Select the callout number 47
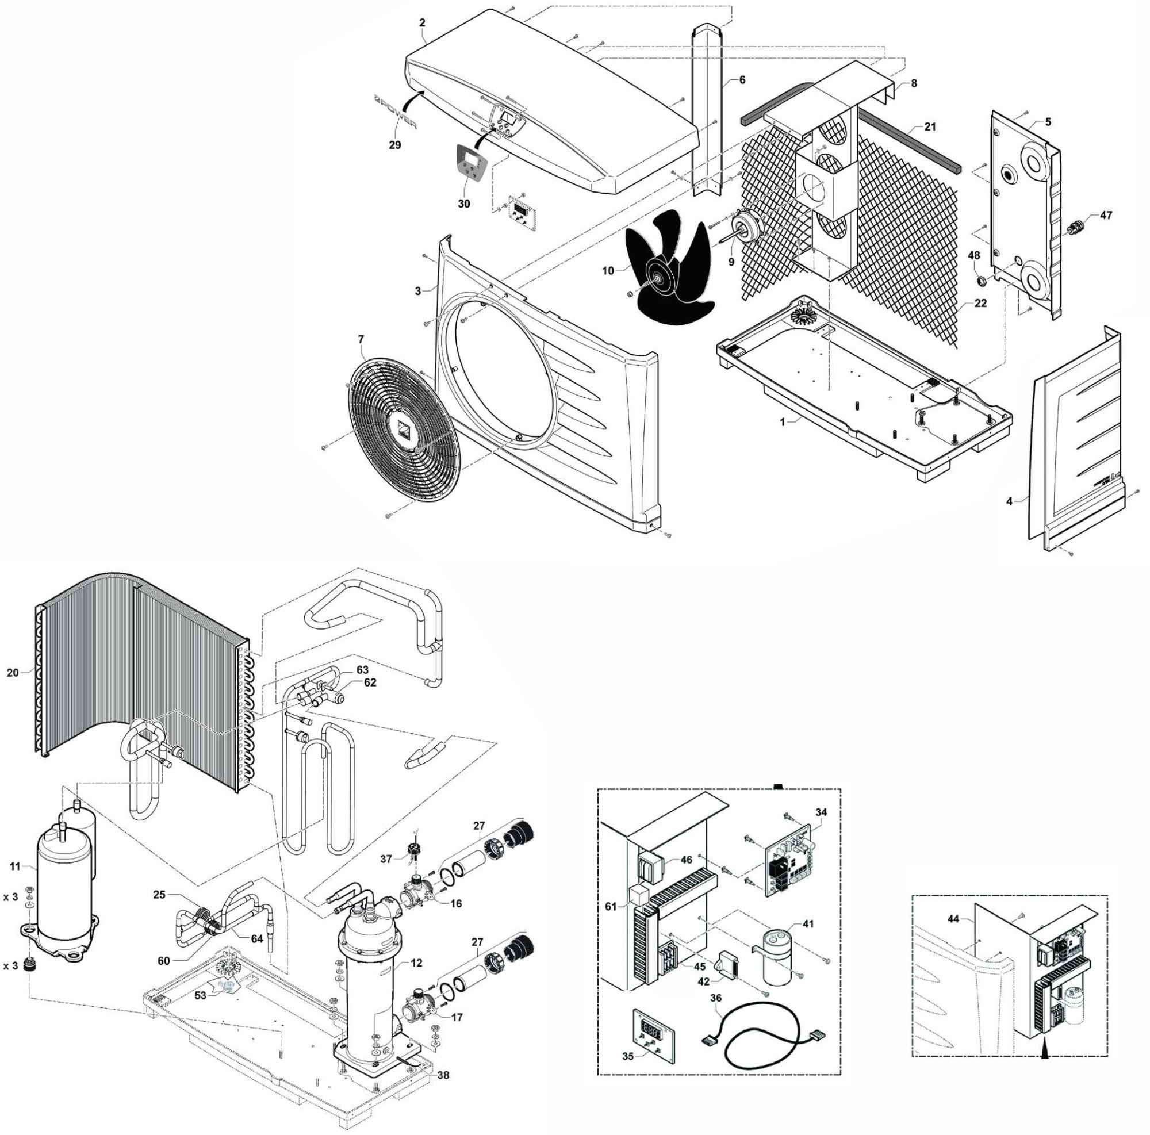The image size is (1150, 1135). (x=1105, y=216)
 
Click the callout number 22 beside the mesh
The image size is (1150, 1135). (x=980, y=303)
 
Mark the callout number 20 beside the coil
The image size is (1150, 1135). (x=13, y=673)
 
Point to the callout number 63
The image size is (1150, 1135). (x=362, y=670)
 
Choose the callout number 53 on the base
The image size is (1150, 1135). (x=201, y=995)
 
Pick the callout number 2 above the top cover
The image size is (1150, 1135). (x=422, y=23)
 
